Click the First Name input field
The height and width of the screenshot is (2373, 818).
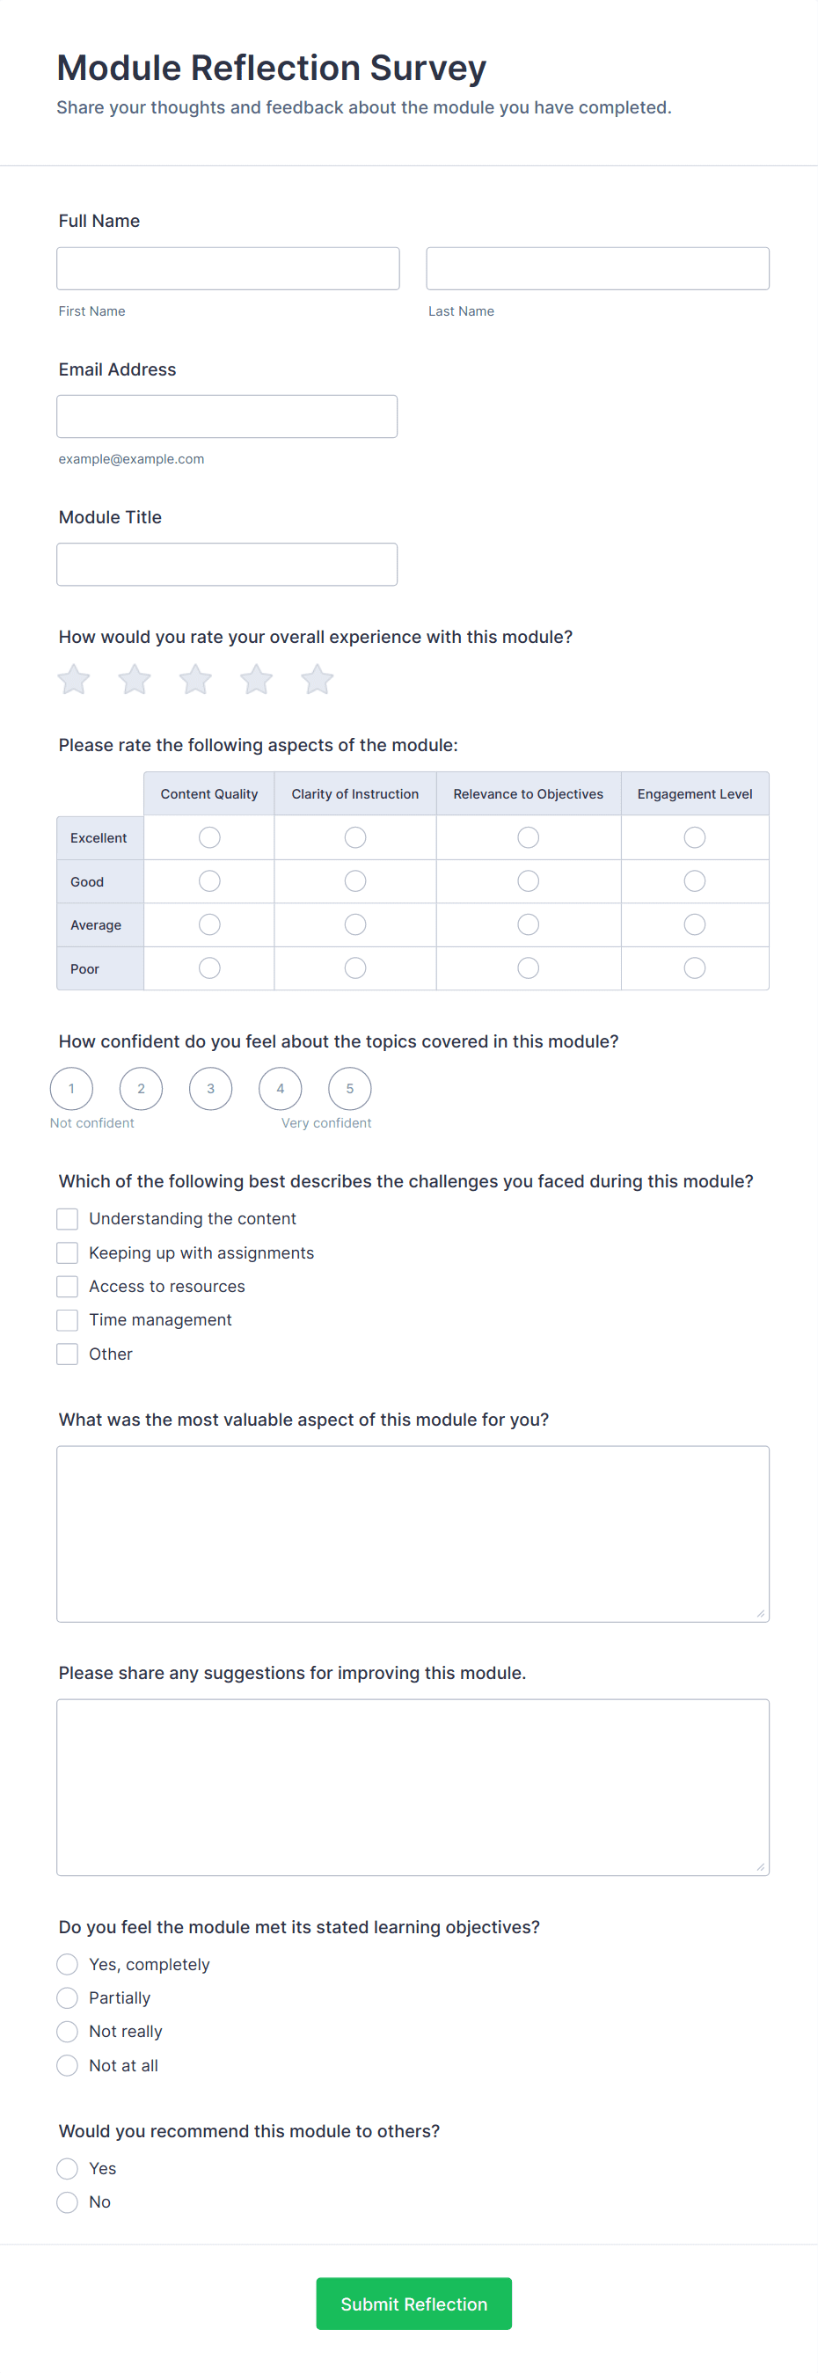pyautogui.click(x=228, y=268)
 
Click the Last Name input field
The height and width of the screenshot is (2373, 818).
pyautogui.click(x=597, y=268)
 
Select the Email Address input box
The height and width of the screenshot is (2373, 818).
pyautogui.click(x=227, y=416)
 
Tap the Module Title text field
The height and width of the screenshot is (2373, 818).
pyautogui.click(x=227, y=564)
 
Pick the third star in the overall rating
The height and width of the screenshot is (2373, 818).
pyautogui.click(x=195, y=680)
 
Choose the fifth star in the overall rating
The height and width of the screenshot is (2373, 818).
pyautogui.click(x=317, y=680)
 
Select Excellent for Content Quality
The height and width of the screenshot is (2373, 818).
pyautogui.click(x=210, y=837)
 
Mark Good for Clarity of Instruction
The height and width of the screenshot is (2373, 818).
pyautogui.click(x=355, y=881)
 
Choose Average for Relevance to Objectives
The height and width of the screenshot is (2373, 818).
pyautogui.click(x=528, y=925)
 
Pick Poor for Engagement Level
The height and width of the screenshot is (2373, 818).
pyautogui.click(x=695, y=968)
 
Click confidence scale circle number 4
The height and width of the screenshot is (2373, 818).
pyautogui.click(x=280, y=1089)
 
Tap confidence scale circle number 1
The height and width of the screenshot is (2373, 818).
pyautogui.click(x=72, y=1089)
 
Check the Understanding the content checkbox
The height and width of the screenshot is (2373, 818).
pyautogui.click(x=67, y=1220)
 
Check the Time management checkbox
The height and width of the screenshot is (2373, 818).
pyautogui.click(x=67, y=1321)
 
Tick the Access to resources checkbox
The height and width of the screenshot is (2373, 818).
pyautogui.click(x=67, y=1287)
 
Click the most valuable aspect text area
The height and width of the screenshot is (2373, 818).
pyautogui.click(x=413, y=1534)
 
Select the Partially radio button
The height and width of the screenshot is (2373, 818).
pyautogui.click(x=67, y=1998)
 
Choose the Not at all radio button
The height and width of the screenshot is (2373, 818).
pyautogui.click(x=67, y=2066)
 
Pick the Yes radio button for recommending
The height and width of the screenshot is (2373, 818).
pyautogui.click(x=67, y=2168)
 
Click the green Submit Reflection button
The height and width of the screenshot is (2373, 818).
pyautogui.click(x=413, y=2304)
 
